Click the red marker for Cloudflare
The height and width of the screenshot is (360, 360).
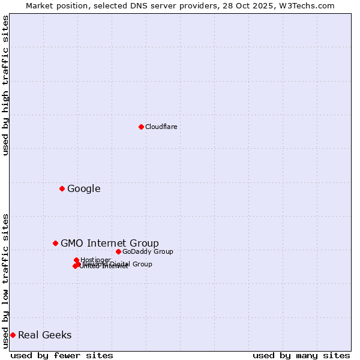[x=141, y=127]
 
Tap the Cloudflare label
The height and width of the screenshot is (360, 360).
[x=161, y=127]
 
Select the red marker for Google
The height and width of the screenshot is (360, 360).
[x=62, y=189]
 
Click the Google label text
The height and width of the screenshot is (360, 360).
[x=83, y=189]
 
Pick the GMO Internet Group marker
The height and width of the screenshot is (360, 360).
[x=55, y=243]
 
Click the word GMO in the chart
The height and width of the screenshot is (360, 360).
[x=71, y=243]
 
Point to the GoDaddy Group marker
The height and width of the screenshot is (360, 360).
[x=118, y=251]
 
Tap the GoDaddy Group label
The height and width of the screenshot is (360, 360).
[x=147, y=251]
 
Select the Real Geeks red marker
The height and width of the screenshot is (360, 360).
[x=13, y=335]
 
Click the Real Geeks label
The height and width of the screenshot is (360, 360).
[x=44, y=335]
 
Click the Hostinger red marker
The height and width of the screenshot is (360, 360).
[x=76, y=260]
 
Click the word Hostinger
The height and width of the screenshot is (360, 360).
[x=95, y=260]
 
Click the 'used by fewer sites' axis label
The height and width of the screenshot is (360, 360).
[x=62, y=355]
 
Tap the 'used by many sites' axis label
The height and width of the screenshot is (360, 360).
[x=301, y=355]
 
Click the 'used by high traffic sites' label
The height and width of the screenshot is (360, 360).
[x=5, y=85]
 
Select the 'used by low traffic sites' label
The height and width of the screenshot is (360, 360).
[x=5, y=280]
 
